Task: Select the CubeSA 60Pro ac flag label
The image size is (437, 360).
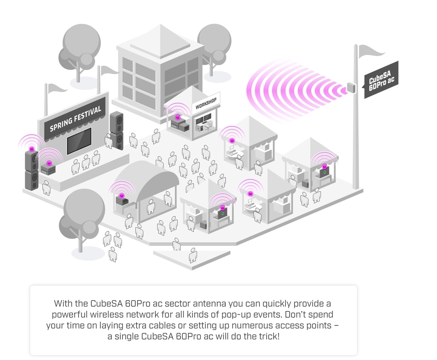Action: (x=381, y=79)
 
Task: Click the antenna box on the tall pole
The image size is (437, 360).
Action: (x=352, y=87)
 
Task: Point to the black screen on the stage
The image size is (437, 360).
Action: (x=79, y=141)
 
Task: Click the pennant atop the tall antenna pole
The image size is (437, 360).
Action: (x=370, y=51)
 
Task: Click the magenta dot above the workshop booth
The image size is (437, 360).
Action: (x=177, y=117)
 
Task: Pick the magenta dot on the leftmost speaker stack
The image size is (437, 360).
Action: (x=32, y=149)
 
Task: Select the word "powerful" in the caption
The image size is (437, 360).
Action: (x=71, y=315)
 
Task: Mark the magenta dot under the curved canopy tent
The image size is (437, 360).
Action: (x=122, y=196)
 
